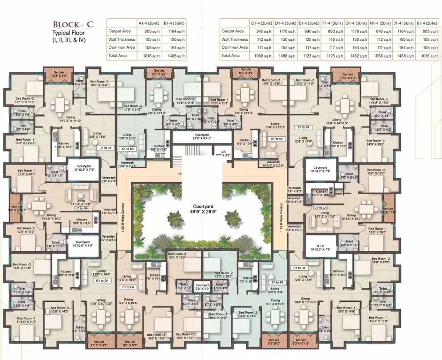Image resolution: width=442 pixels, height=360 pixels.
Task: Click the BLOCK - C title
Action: pos(74,24)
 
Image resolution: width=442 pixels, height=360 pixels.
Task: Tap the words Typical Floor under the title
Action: pos(69,33)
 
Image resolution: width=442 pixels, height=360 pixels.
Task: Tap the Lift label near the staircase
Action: pos(218,151)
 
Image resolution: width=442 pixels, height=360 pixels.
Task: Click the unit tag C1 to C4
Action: pos(321,207)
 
